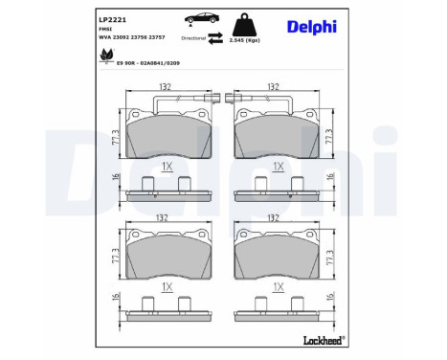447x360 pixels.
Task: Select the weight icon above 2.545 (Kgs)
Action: (x=250, y=23)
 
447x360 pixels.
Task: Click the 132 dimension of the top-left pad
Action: (x=164, y=85)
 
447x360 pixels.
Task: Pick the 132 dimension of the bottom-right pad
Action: (x=276, y=217)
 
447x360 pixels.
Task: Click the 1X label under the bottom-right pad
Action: (x=277, y=286)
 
